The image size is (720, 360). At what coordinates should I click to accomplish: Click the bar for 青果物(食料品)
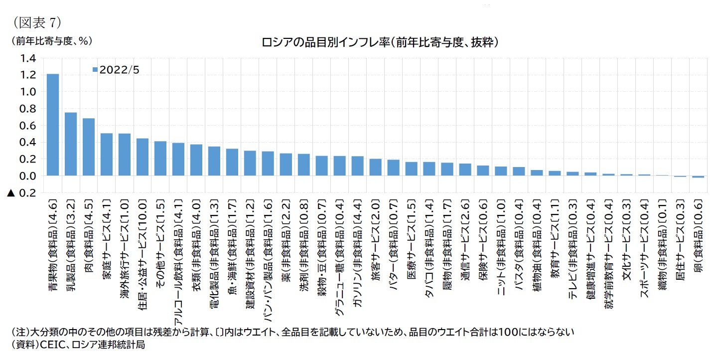pyautogui.click(x=53, y=125)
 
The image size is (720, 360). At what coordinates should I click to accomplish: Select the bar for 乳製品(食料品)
pyautogui.click(x=71, y=144)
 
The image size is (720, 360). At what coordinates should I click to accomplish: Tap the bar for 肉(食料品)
pyautogui.click(x=89, y=147)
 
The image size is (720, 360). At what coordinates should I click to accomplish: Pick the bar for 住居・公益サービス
pyautogui.click(x=143, y=157)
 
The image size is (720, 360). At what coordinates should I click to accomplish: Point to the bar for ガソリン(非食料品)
pyautogui.click(x=357, y=166)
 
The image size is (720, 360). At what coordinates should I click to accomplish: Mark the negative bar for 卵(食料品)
pyautogui.click(x=698, y=177)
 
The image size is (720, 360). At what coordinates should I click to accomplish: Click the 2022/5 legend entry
pyautogui.click(x=117, y=70)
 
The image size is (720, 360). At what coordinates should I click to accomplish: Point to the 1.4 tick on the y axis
pyautogui.click(x=28, y=58)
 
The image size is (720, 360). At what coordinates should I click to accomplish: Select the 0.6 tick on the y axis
pyautogui.click(x=28, y=126)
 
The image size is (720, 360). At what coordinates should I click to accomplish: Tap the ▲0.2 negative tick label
pyautogui.click(x=22, y=193)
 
